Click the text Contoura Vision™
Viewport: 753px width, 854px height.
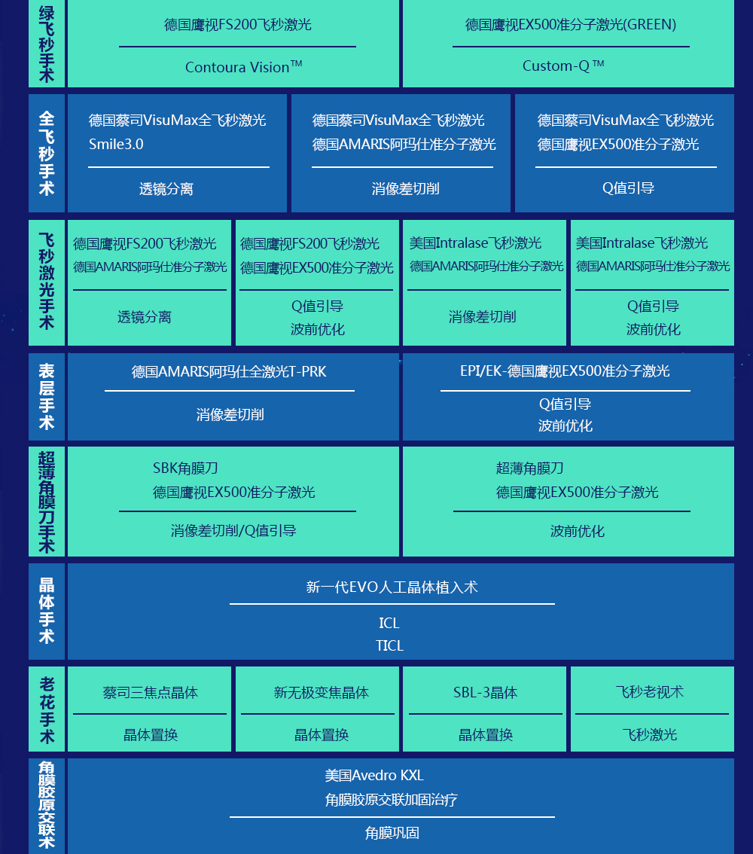coord(243,66)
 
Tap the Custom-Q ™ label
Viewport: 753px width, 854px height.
coord(563,66)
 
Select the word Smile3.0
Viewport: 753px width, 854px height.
coord(116,144)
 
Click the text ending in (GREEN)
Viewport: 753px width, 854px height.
coord(571,25)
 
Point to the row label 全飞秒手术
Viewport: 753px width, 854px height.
coord(47,153)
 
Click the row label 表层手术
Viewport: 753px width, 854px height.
coord(47,396)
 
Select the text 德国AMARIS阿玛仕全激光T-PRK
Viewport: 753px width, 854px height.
coord(229,371)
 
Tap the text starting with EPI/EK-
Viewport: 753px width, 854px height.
coord(566,371)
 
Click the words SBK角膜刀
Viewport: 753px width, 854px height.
coord(185,468)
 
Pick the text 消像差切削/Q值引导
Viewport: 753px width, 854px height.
coord(233,530)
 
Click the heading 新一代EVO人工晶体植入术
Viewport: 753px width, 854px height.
coord(392,587)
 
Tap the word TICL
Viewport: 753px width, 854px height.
coord(390,645)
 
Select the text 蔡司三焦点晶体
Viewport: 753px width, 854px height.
coord(151,692)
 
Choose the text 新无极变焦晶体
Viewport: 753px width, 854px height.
coord(322,692)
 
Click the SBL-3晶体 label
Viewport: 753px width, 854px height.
coord(485,692)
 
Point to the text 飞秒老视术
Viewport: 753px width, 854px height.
coord(650,691)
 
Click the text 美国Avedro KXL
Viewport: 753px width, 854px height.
coord(374,775)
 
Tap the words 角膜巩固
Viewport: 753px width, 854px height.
coord(392,833)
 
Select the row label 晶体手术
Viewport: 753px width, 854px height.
coord(47,611)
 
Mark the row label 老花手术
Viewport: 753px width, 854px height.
coord(47,710)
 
